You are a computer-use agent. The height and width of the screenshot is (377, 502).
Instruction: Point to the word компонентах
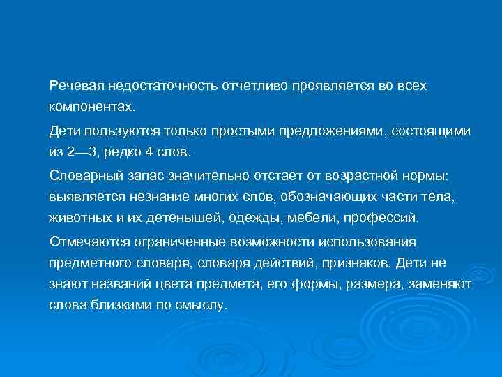(93, 108)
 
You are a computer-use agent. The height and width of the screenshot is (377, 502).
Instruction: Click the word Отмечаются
(87, 242)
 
